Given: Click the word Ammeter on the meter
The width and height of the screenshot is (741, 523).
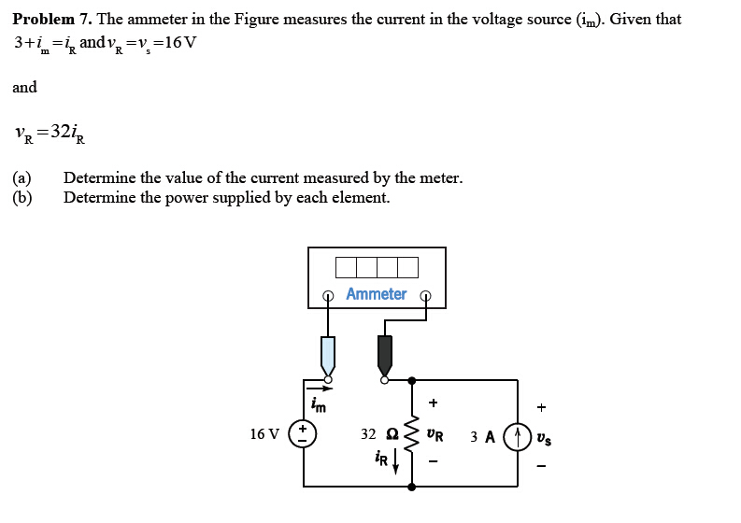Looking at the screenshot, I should [x=376, y=294].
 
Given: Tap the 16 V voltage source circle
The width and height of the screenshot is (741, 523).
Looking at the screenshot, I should [x=303, y=434].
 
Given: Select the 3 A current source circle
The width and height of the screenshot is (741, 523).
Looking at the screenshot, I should [x=518, y=435].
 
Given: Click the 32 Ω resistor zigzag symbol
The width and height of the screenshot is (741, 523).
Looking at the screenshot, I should [x=411, y=434].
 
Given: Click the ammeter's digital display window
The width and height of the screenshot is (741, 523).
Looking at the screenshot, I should [x=377, y=267].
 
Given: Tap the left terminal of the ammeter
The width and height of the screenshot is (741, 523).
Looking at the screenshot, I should [x=327, y=296].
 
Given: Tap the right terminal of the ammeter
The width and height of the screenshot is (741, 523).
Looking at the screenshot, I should [x=426, y=296].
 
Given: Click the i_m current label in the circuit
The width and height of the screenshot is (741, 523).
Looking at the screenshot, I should [x=319, y=405].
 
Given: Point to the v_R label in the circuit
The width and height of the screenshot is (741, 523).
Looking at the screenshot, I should [x=435, y=435].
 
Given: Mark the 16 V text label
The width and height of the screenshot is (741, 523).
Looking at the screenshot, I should [x=264, y=434].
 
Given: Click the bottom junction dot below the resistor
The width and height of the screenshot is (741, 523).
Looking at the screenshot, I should [x=411, y=487].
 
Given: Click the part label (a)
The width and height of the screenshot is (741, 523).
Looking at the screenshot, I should [x=21, y=177].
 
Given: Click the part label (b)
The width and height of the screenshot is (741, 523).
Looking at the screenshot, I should [x=21, y=197].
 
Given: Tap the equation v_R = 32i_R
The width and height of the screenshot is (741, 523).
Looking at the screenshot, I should [x=51, y=133].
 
